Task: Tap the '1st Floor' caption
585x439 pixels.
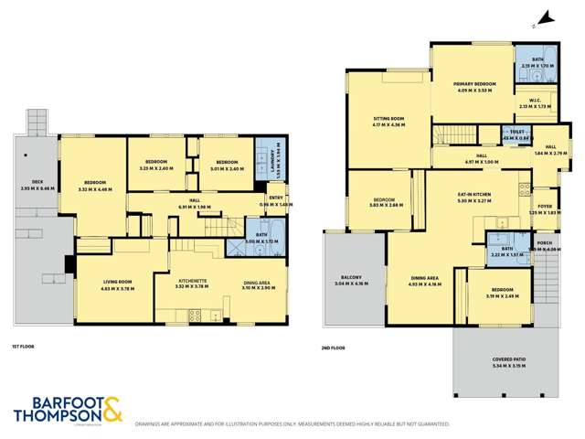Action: pos(24,347)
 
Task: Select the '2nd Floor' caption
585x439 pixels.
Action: pos(335,347)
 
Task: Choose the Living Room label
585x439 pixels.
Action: pos(117,284)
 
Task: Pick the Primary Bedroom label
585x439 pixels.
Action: pos(473,86)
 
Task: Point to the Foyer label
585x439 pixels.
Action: pos(546,209)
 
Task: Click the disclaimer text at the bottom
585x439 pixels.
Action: pos(292,424)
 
